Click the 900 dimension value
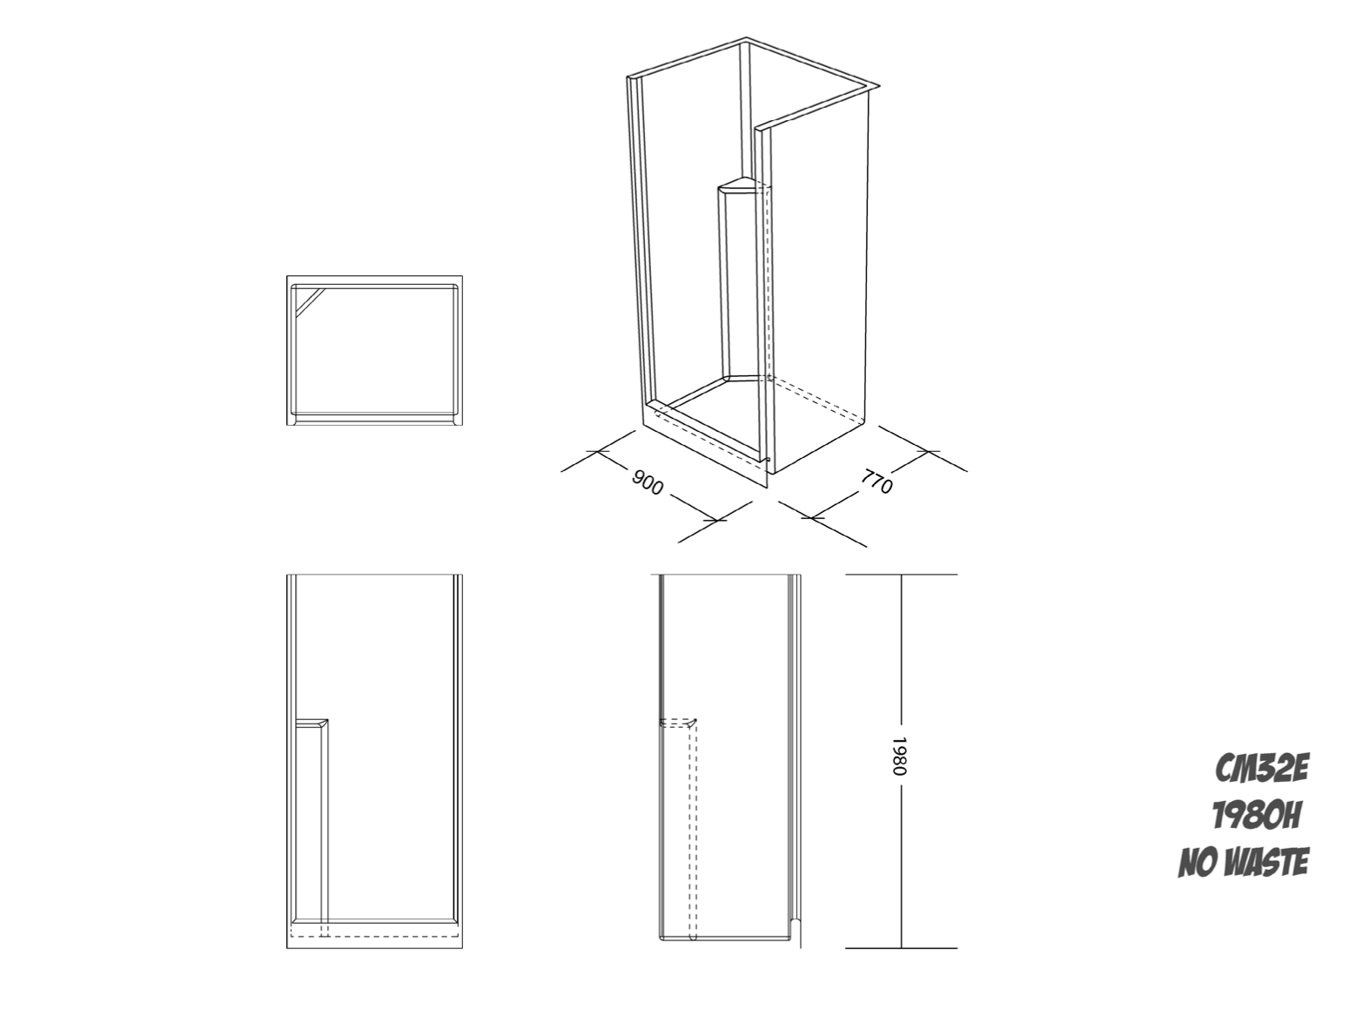[648, 483]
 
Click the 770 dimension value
[877, 481]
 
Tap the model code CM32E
[1261, 769]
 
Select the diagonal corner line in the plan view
[311, 302]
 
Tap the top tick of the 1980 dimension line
[902, 574]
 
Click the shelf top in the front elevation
[312, 723]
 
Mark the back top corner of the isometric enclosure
[746, 38]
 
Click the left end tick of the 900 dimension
[597, 451]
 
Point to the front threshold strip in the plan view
[374, 418]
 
